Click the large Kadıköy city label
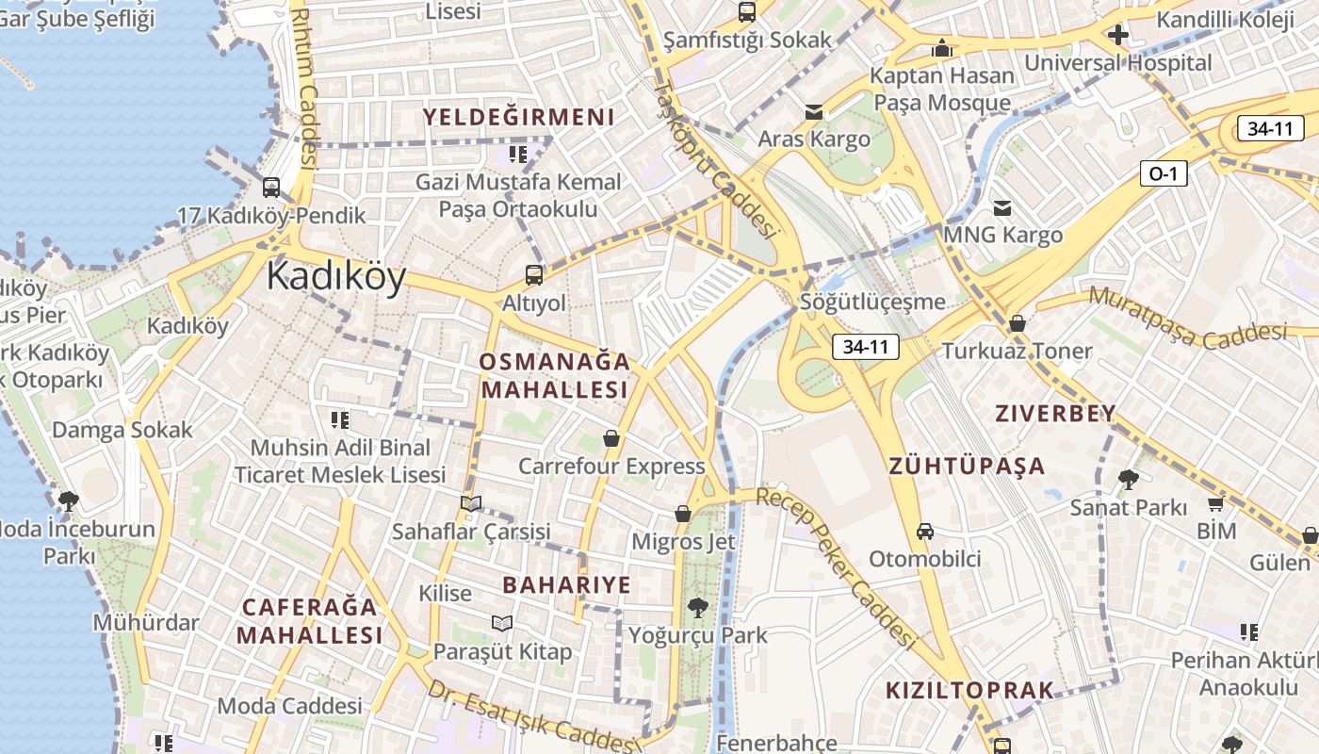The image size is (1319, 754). click(336, 277)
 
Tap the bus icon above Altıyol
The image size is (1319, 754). click(534, 275)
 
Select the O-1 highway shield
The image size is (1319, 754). click(1164, 173)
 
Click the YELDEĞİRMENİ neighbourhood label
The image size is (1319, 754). click(518, 118)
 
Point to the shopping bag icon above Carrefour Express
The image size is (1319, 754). click(611, 439)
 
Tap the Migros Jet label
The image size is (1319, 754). click(683, 542)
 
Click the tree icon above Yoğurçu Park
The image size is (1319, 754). click(698, 608)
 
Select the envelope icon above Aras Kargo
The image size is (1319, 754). click(814, 113)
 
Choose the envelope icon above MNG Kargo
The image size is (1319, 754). click(1002, 207)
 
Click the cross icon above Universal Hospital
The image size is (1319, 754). click(1118, 36)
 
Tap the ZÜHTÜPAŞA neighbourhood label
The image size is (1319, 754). click(967, 466)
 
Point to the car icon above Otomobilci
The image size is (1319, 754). click(925, 532)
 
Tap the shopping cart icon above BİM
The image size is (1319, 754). click(1215, 504)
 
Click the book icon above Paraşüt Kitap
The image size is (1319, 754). click(502, 623)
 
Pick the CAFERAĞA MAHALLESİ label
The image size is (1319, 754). click(309, 620)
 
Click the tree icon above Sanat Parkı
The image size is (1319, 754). click(1128, 480)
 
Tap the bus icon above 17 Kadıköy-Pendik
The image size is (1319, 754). click(271, 188)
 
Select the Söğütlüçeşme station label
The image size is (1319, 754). click(871, 302)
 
